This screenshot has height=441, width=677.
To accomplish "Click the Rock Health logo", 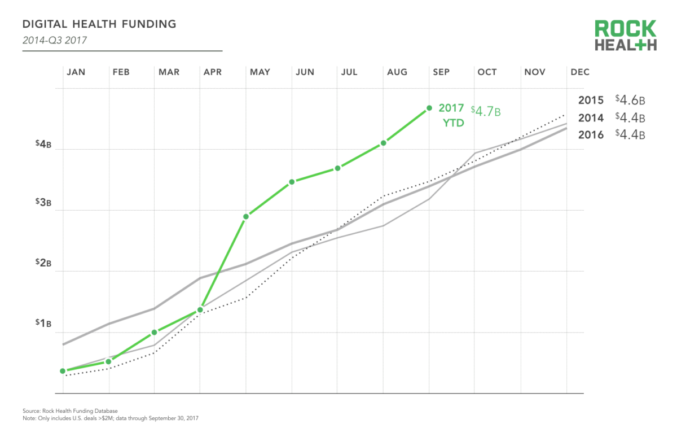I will coord(626,36).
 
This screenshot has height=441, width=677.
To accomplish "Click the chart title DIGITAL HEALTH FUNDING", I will coord(99,24).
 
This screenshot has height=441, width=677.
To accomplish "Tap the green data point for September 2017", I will coord(429,108).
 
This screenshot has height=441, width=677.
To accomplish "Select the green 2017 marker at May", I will coord(246,216).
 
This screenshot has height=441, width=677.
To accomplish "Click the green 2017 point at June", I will coord(292,182).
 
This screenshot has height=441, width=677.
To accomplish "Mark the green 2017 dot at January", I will coord(63,371).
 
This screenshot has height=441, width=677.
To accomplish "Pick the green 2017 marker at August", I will coord(384,143).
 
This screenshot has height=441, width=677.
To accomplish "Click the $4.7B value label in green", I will coord(486,111).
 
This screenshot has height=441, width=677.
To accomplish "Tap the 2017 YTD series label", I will coord(451,115).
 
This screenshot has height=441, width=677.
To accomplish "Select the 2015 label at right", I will coord(591,101).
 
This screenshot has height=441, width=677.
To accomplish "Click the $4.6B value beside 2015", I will coord(630,101).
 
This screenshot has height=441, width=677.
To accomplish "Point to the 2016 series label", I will coord(591,135).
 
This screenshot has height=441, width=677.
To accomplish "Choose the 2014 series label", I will coord(591,118).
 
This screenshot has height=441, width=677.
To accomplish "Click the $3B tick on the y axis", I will coord(43,203).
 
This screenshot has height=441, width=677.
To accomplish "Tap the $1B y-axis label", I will coord(43,324).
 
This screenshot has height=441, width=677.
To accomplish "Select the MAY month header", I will coord(260,72).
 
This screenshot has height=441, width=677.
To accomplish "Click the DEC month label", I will coord(580,72).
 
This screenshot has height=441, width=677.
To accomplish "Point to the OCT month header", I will coord(487,72).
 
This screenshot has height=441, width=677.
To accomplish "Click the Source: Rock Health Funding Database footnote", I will coord(70,411).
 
